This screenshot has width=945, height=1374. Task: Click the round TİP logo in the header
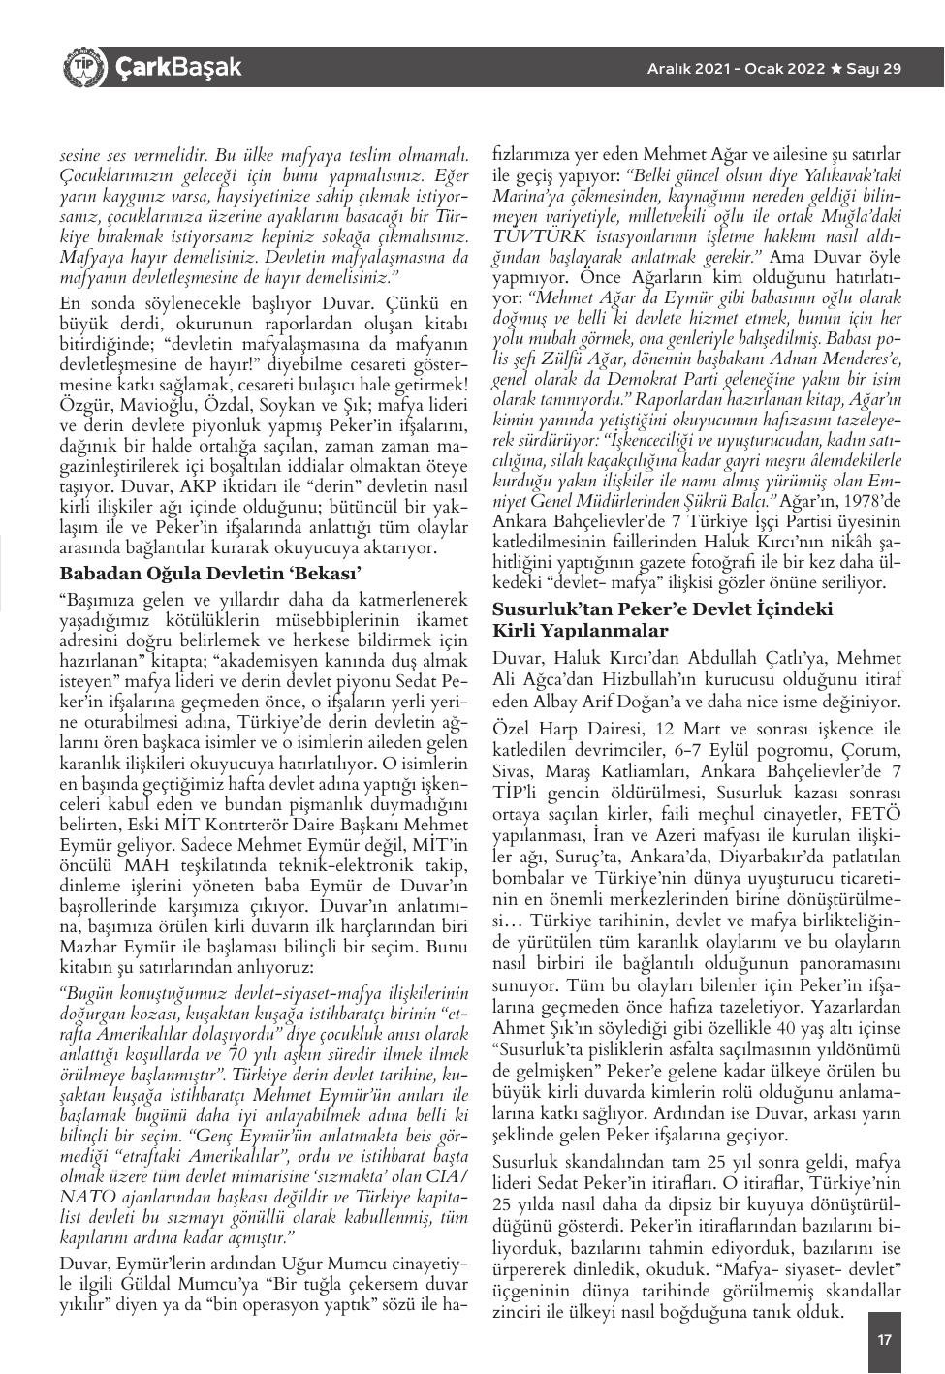tap(82, 67)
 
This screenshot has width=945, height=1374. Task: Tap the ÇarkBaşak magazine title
tap(177, 68)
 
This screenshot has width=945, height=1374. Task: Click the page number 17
tap(884, 1340)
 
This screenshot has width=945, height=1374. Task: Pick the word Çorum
tap(873, 749)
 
